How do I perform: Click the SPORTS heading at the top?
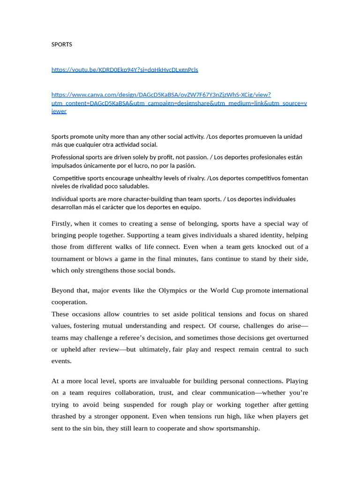(x=61, y=45)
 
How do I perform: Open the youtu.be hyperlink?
(x=125, y=70)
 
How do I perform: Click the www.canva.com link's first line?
(x=161, y=95)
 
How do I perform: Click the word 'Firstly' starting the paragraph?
(x=61, y=224)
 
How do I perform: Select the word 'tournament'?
(x=68, y=259)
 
